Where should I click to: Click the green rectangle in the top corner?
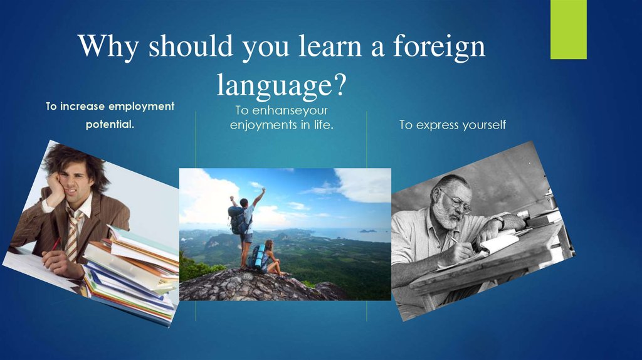(568, 29)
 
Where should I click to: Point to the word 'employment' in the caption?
(142, 107)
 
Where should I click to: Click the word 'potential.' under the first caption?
(110, 124)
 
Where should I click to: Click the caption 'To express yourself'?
(452, 125)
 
